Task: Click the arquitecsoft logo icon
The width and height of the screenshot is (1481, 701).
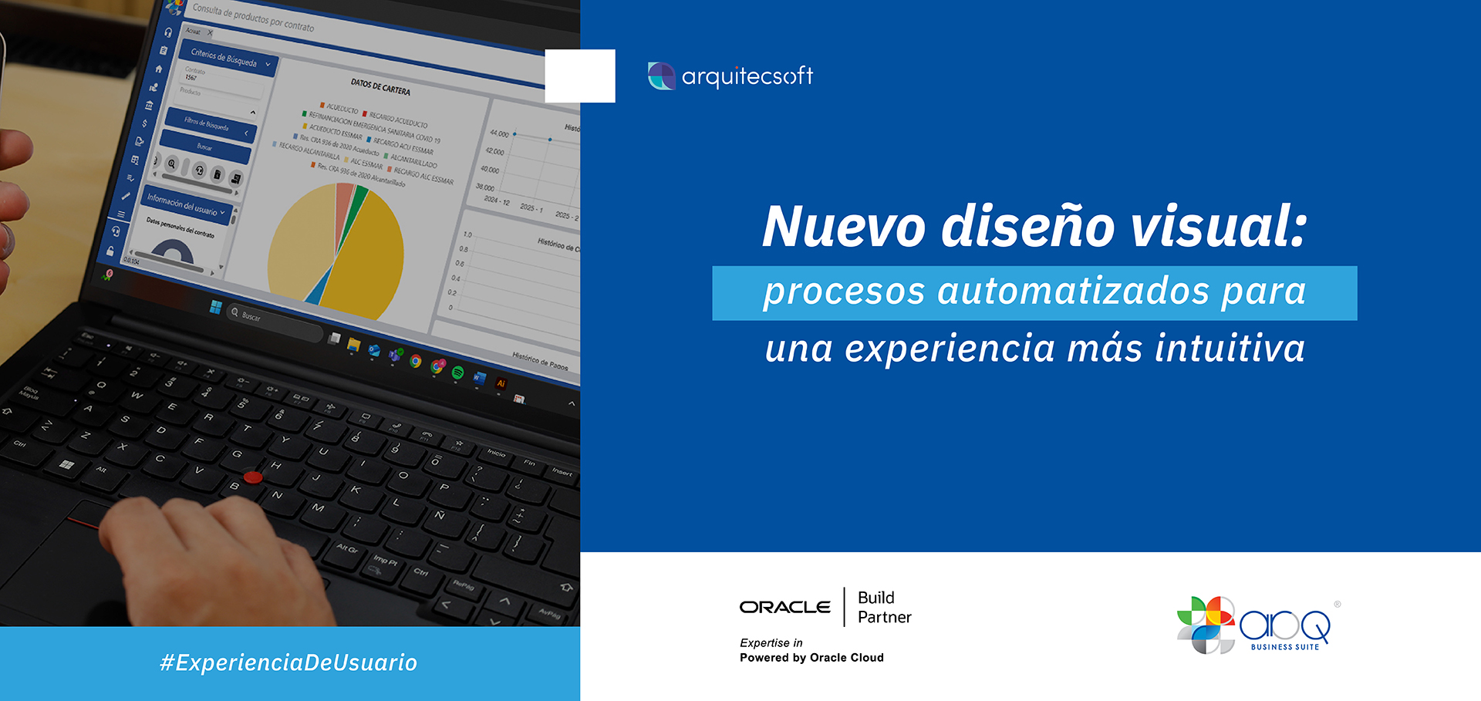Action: [661, 76]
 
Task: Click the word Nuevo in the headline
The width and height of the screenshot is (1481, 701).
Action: [843, 227]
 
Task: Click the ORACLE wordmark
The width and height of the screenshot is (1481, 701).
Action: [784, 608]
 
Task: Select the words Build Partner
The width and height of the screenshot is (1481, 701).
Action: [884, 608]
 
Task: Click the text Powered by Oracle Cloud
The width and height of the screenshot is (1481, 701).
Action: [811, 658]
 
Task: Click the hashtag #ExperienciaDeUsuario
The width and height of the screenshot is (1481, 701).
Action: [288, 663]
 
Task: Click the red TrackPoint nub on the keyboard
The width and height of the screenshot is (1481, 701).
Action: [253, 477]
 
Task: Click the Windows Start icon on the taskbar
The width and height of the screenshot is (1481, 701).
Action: [216, 307]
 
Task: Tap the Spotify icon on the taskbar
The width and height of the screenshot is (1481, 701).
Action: [457, 373]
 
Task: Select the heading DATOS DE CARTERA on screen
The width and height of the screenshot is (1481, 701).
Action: [380, 86]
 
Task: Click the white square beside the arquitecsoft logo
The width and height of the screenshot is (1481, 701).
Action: [580, 76]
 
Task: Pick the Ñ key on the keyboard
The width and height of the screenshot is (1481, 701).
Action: [440, 515]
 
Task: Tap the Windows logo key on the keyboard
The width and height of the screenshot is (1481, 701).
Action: [67, 464]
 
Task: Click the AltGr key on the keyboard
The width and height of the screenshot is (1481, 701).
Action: [347, 549]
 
